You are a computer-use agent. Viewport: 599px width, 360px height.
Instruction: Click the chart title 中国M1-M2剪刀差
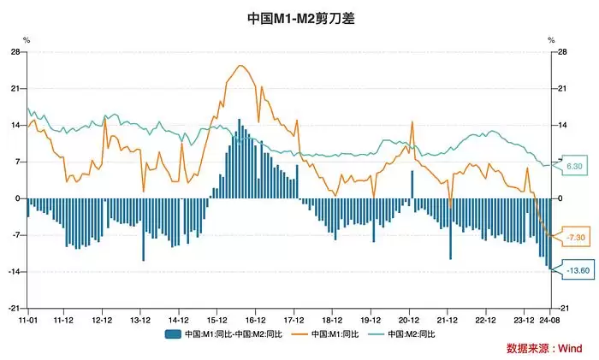click(x=299, y=17)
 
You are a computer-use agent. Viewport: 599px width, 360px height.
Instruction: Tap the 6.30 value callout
click(x=574, y=166)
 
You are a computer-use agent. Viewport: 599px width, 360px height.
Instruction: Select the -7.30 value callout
click(x=576, y=236)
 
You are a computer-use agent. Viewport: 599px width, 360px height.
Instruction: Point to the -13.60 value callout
click(x=578, y=271)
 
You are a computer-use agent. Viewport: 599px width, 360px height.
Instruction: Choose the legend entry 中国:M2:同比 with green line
click(x=410, y=333)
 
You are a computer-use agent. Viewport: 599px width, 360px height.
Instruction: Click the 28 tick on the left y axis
click(x=15, y=52)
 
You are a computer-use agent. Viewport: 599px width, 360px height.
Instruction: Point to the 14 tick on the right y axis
click(x=563, y=125)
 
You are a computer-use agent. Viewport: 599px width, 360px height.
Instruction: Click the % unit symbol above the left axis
click(x=26, y=40)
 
